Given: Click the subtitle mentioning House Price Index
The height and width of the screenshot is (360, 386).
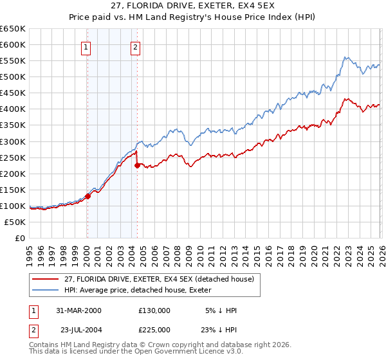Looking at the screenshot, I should coord(192,18).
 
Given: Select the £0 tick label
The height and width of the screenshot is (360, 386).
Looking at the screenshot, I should coord(19,238).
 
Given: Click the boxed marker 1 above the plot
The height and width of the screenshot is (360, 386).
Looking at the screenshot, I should coord(86,46).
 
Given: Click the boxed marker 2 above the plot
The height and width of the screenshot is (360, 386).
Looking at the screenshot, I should coord(136,46).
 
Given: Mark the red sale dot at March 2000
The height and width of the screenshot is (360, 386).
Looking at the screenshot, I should coord(88,196).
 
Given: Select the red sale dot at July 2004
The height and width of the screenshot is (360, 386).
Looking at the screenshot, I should coord(137,165).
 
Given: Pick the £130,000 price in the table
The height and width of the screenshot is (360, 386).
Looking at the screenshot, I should coord(154,310).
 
